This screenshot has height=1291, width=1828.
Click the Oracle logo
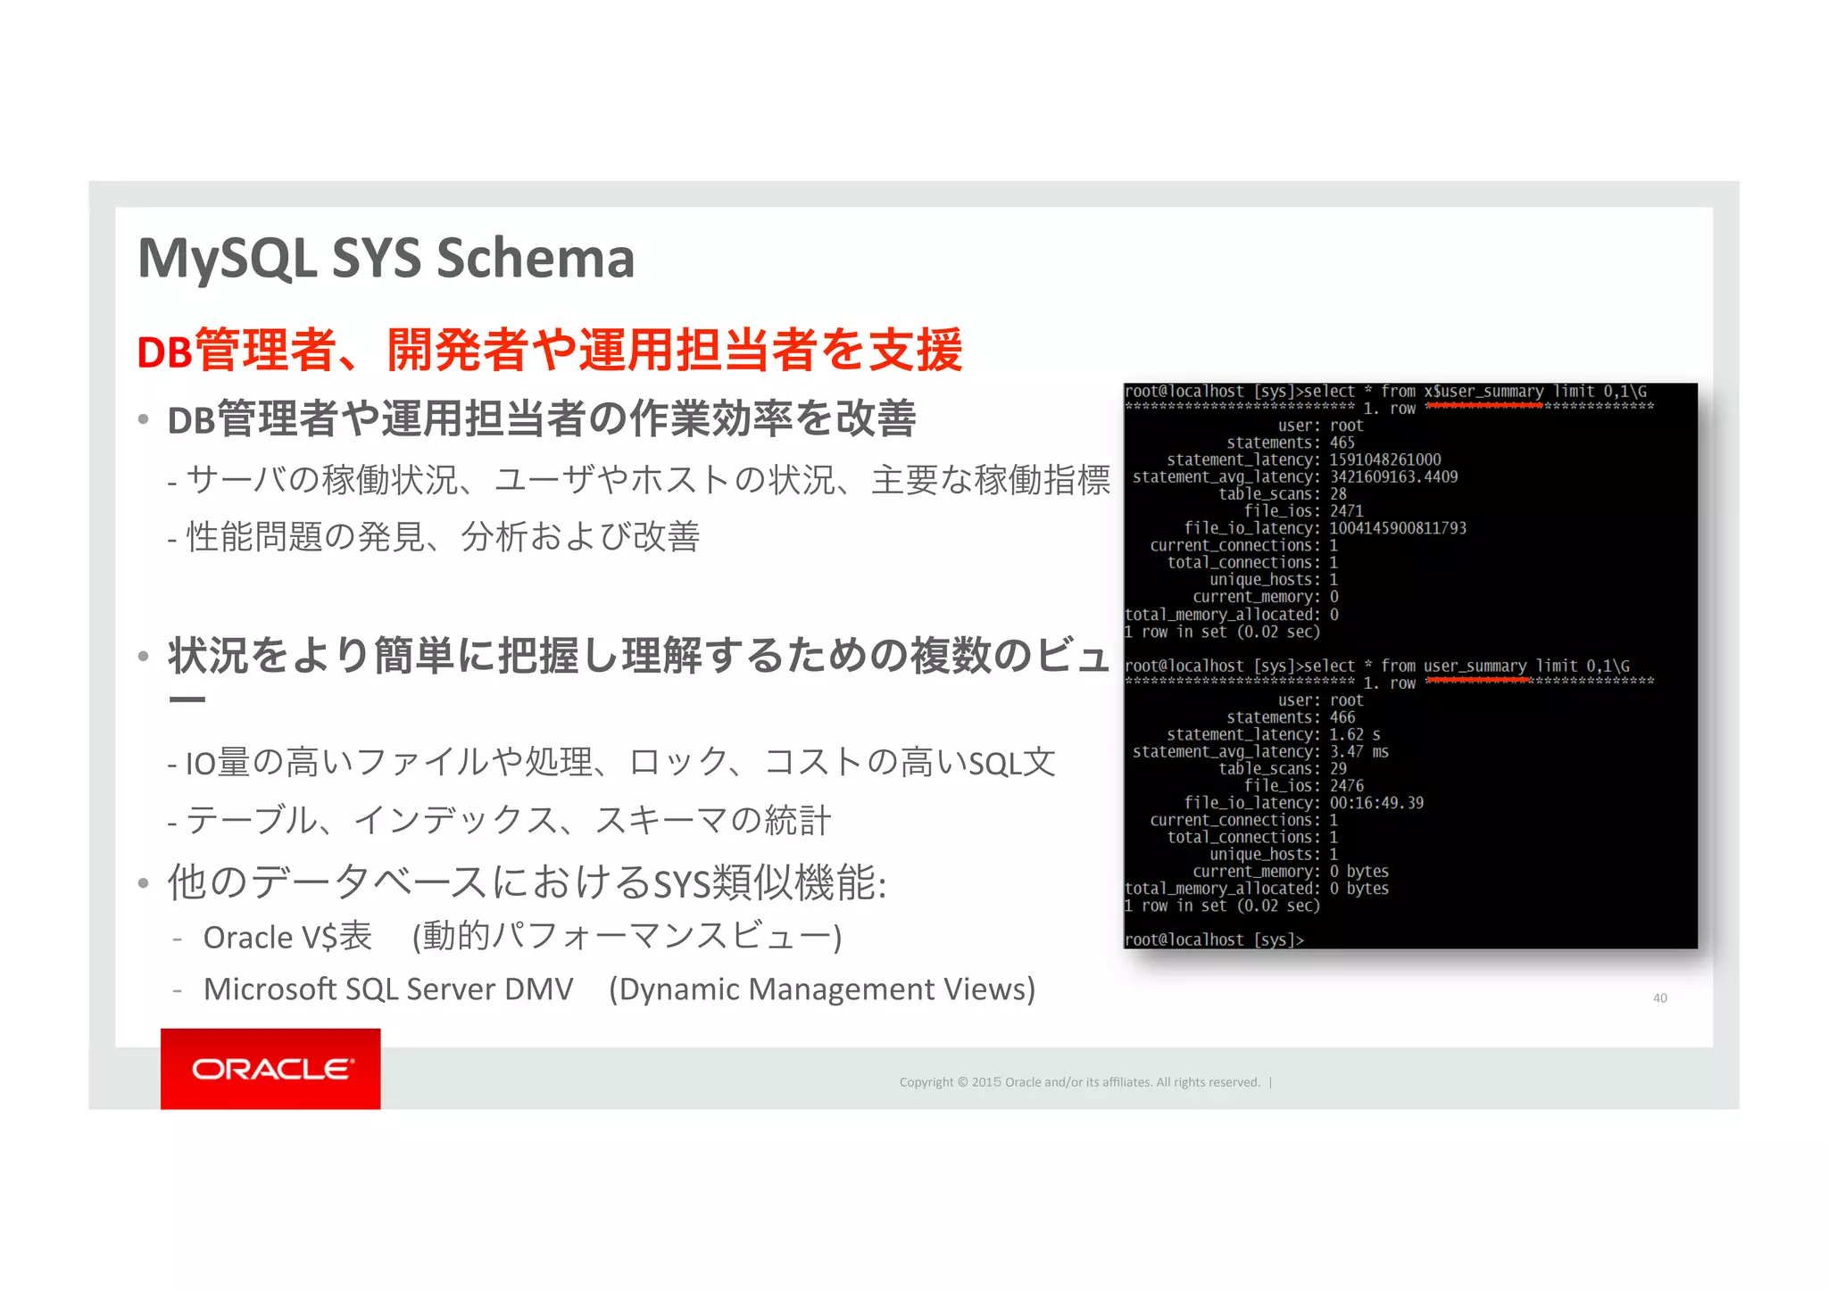click(270, 1069)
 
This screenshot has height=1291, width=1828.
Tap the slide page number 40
click(1659, 998)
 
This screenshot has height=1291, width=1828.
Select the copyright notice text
click(1079, 1082)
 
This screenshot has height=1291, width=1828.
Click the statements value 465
click(1342, 443)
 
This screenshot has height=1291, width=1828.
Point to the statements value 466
click(1342, 717)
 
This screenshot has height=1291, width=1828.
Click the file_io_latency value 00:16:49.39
click(1376, 803)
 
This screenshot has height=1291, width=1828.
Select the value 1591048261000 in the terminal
click(1384, 459)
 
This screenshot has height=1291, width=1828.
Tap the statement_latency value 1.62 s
click(1354, 734)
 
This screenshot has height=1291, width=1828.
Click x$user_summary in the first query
click(1483, 392)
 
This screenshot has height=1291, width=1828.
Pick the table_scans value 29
click(1338, 768)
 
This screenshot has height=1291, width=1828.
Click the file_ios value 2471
click(1346, 511)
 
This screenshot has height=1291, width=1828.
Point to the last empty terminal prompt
click(1215, 939)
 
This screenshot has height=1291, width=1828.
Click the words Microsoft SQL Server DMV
click(388, 989)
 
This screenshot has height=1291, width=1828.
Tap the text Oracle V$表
click(287, 937)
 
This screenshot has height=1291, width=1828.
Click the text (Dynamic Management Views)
click(822, 989)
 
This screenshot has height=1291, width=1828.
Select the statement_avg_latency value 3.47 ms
click(1359, 751)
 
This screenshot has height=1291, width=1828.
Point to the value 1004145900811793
click(1397, 528)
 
